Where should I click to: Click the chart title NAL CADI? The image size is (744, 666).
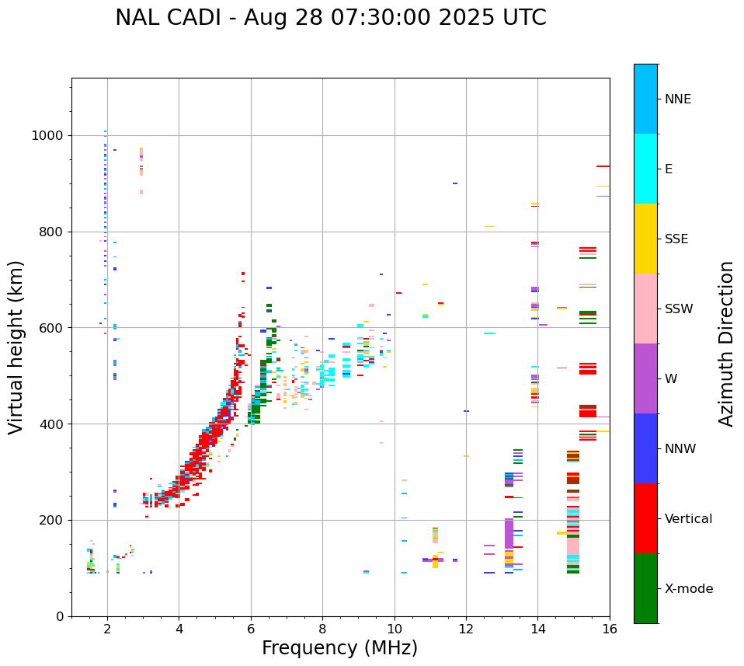330,18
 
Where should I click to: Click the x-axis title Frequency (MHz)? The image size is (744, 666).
339,648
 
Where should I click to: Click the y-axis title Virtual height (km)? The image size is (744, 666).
16,347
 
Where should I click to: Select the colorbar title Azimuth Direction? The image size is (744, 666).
726,343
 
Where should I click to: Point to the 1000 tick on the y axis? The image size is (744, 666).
47,136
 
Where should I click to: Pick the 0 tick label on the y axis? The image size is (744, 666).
59,616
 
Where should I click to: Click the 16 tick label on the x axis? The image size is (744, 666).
610,629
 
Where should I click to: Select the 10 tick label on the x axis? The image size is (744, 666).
395,629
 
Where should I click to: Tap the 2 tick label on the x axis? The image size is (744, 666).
107,629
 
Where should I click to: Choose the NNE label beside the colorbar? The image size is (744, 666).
677,99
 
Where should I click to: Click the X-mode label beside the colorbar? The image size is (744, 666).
688,589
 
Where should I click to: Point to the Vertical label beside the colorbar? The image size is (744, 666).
688,519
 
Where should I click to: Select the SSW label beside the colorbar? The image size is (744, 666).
679,309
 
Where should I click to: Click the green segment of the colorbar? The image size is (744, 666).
645,588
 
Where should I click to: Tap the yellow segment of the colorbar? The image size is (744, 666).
645,239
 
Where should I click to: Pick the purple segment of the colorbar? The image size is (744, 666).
645,378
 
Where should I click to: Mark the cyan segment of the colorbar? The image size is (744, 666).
645,169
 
